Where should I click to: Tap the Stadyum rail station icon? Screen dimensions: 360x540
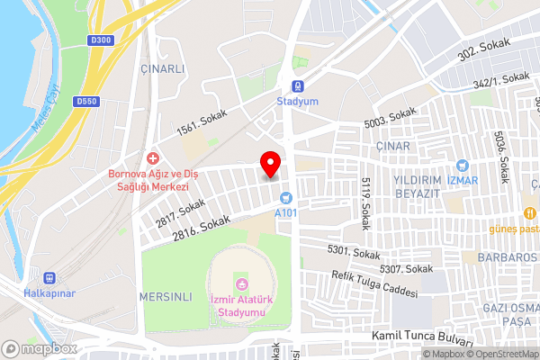point(297,88)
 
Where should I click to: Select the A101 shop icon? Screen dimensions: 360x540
point(286,197)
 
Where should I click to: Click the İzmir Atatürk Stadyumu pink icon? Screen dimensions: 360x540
point(241,286)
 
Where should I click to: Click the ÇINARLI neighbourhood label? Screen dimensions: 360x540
point(162,68)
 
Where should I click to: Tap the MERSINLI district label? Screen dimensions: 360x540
point(166,295)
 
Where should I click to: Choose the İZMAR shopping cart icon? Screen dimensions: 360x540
point(462,166)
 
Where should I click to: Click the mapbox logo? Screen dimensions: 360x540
point(39,348)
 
